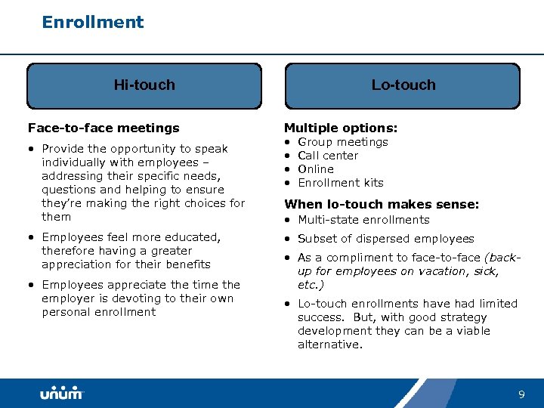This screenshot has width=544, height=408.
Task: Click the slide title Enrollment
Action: [93, 22]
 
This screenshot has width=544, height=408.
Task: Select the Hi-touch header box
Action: [144, 85]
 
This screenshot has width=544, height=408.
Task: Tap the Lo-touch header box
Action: [403, 85]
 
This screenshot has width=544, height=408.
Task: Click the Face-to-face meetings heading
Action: [104, 128]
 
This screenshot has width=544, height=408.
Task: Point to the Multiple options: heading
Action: [340, 128]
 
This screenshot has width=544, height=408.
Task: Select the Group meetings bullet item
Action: [342, 142]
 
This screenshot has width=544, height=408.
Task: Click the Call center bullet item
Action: [328, 156]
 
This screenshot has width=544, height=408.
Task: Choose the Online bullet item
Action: [316, 169]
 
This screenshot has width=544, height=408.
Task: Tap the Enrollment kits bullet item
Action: [340, 183]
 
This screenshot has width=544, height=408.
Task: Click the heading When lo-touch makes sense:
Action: [381, 203]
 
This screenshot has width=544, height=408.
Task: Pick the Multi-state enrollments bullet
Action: [363, 220]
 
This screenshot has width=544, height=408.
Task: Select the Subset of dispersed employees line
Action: [385, 239]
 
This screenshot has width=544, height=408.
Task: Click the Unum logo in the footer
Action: [62, 394]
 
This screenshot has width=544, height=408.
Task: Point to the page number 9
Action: [521, 394]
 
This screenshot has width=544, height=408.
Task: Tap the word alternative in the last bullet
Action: [329, 345]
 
